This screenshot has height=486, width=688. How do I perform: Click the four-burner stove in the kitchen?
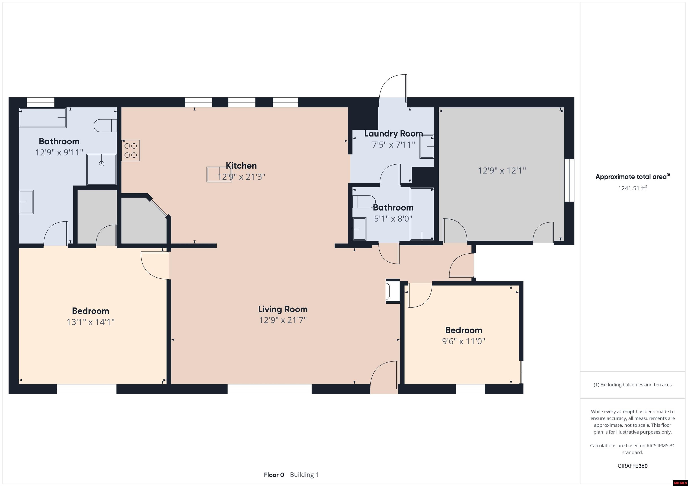131,151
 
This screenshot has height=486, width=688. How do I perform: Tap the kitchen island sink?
219,174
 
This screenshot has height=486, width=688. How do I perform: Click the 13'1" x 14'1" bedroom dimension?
90,322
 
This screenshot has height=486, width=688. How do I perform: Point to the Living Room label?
283,309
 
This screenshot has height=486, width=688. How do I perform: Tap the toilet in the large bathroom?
105,126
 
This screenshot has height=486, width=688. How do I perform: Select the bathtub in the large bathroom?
43,118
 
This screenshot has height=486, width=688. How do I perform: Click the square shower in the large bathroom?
102,169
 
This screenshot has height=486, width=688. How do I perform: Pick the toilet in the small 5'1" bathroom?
363,202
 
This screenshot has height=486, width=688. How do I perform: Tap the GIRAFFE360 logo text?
632,466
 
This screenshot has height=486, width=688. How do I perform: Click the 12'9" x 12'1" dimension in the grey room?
502,171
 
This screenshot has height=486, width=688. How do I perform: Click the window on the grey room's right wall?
569,180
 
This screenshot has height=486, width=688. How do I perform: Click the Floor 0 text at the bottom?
274,475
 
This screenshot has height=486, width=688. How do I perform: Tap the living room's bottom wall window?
269,389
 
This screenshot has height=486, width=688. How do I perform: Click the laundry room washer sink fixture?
427,146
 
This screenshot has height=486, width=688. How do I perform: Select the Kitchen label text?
241,166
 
